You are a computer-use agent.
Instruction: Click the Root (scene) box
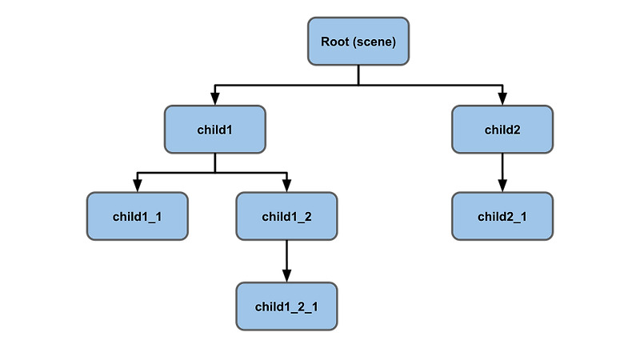click(358, 41)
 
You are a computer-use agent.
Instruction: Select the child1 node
click(214, 129)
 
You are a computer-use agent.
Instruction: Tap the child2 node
click(502, 129)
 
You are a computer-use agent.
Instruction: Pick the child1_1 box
click(137, 216)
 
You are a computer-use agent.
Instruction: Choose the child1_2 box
click(286, 216)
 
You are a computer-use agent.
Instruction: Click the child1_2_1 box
click(286, 306)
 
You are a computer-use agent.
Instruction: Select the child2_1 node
click(502, 216)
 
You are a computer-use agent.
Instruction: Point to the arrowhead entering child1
click(214, 100)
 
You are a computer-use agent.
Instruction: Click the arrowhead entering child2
click(502, 100)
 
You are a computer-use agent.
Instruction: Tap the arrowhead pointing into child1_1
click(137, 187)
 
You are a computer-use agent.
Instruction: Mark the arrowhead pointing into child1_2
click(286, 187)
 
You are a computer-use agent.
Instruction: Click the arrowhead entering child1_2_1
click(286, 277)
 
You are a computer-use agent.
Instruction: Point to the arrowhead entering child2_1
click(502, 187)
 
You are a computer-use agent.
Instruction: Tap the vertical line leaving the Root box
click(358, 74)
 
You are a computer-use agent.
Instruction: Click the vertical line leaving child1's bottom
click(214, 162)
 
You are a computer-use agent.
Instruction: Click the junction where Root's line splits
click(358, 84)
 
